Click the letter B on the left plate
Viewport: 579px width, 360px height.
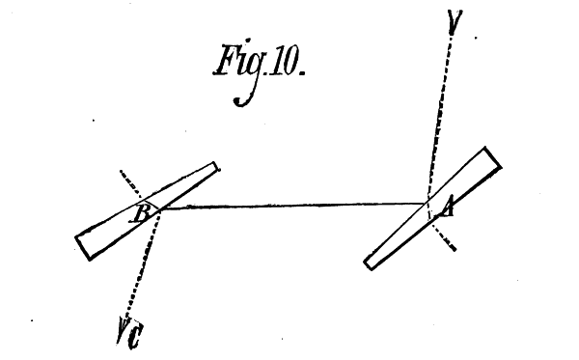pos(141,214)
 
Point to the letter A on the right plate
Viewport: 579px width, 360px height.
pos(446,207)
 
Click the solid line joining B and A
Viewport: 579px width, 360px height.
pos(289,205)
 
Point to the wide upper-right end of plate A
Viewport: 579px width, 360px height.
pos(490,158)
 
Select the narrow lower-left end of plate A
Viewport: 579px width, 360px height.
pos(372,261)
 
